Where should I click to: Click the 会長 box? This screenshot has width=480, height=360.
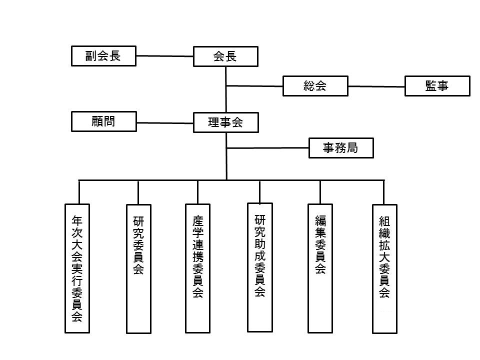coord(225,56)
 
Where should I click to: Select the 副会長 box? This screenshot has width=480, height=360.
coord(104,56)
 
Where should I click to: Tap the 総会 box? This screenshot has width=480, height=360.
coord(315,86)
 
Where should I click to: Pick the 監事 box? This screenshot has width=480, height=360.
coord(437,86)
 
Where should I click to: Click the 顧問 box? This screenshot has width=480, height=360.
coord(104,121)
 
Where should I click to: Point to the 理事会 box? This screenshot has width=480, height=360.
coord(226,122)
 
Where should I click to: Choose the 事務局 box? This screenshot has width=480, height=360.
coord(341,148)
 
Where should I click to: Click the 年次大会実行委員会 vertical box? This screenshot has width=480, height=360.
coord(77,268)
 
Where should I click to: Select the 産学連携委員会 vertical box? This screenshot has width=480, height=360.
coord(198,268)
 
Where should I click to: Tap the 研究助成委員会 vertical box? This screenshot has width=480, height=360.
coord(260,267)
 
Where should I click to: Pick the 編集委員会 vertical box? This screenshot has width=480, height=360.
coord(320,268)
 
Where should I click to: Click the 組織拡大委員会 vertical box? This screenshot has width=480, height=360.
coord(385,269)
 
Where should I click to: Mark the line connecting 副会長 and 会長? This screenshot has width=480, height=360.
coord(164,56)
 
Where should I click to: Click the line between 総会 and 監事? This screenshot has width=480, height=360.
coord(376,86)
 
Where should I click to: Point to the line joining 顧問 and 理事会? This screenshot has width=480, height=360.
coord(165,123)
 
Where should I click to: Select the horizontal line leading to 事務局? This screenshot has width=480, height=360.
coord(267,148)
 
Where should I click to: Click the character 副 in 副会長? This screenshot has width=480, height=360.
coord(91,56)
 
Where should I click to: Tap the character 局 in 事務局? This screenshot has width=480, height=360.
coord(352,148)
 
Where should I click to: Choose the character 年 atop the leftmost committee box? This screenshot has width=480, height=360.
coord(77,220)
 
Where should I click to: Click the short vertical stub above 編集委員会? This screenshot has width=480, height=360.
coord(320,192)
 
